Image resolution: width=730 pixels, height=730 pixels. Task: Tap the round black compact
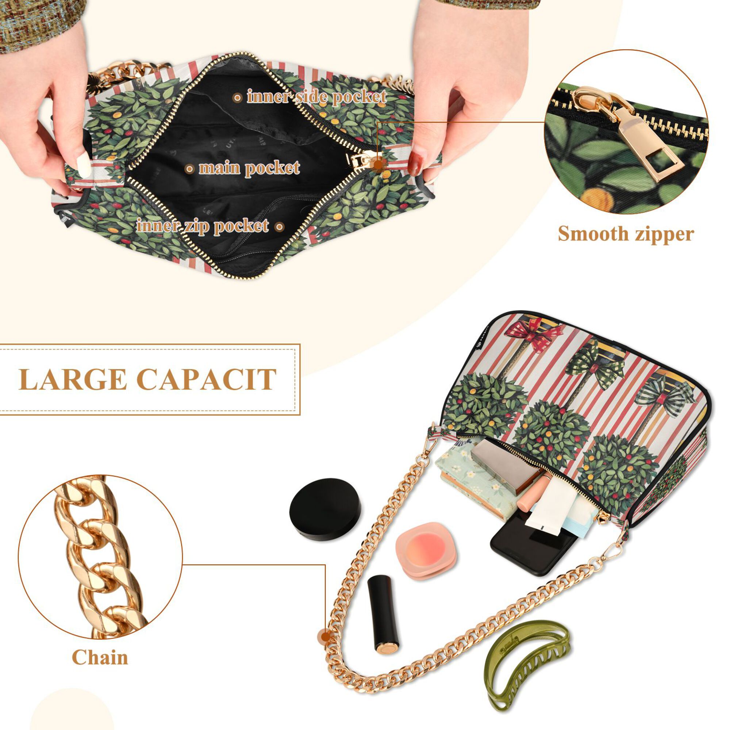[325, 509]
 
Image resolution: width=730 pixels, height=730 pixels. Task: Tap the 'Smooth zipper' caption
[626, 234]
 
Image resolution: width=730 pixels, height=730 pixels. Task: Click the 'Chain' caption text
[100, 658]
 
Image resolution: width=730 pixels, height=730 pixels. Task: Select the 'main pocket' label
[249, 168]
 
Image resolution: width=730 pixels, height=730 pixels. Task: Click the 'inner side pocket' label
[316, 97]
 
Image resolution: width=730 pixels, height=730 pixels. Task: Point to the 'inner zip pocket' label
[203, 226]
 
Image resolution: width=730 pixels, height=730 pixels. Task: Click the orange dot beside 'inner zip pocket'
[279, 227]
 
